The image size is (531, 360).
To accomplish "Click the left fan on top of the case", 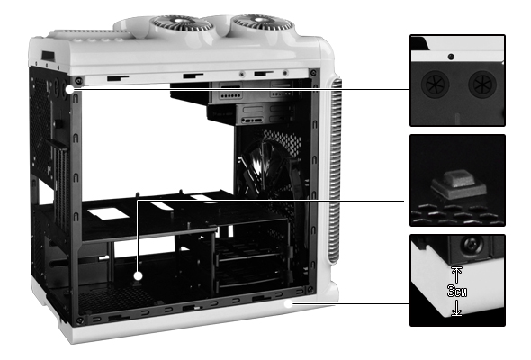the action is click(182, 24).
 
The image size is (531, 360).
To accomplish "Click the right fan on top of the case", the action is click(263, 23).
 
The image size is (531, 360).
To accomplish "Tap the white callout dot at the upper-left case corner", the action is click(69, 89).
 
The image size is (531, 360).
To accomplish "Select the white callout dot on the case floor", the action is click(138, 275).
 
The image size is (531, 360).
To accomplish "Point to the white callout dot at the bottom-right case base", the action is click(288, 304).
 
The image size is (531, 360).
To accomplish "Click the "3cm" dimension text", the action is click(457, 292).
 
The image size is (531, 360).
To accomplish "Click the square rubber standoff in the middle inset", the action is click(459, 184).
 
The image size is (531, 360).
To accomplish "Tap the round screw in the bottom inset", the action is click(472, 244).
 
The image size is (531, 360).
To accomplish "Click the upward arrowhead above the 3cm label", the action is click(457, 270).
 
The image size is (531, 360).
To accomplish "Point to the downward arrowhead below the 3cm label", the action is click(457, 312).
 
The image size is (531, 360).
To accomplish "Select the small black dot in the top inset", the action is click(451, 57).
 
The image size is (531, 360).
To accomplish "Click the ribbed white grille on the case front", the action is click(334, 171).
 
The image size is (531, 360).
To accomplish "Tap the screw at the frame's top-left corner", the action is click(78, 81).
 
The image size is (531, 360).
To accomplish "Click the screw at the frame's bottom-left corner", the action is click(79, 320).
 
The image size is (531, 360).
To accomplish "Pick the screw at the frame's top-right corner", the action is click(313, 73).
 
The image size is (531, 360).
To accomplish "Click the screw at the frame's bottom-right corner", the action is click(310, 290).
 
